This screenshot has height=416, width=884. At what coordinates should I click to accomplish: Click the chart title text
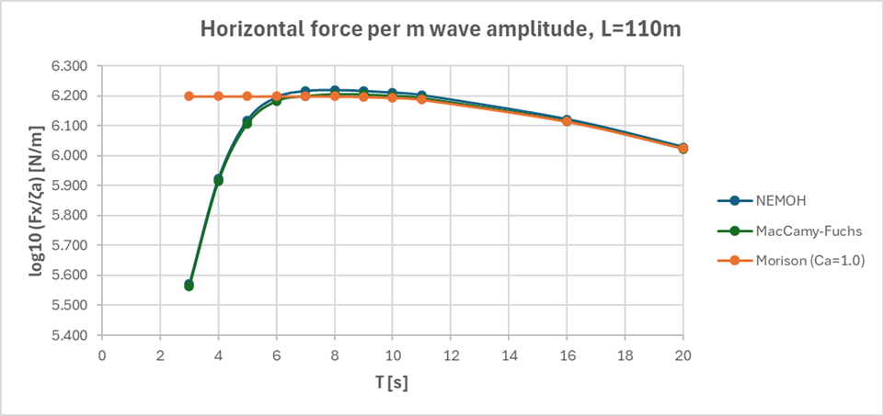click(x=442, y=28)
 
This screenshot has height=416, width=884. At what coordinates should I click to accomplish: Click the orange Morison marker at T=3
click(x=189, y=96)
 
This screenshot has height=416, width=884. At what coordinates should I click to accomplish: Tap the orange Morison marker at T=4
click(x=218, y=96)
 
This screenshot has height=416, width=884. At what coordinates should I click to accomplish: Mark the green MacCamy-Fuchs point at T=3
click(x=189, y=286)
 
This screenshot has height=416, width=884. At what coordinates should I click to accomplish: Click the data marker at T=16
click(x=567, y=120)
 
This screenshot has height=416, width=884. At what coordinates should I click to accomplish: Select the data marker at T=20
click(x=683, y=148)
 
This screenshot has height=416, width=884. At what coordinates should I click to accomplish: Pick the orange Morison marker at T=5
click(x=247, y=96)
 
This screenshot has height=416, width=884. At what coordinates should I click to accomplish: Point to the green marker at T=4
click(x=218, y=181)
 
